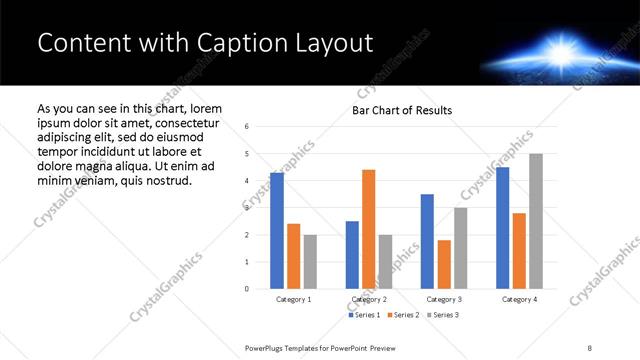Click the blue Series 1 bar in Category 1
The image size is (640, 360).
click(x=277, y=231)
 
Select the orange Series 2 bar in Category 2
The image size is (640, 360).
click(x=368, y=229)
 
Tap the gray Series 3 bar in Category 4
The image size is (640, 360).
click(x=536, y=221)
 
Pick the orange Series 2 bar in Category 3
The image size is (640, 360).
click(x=444, y=264)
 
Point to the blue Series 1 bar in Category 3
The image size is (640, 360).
click(x=427, y=241)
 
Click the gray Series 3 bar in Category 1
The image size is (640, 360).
click(x=310, y=262)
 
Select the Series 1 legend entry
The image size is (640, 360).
click(x=363, y=315)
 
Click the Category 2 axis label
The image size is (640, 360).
click(x=369, y=299)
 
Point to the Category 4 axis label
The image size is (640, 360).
click(x=519, y=299)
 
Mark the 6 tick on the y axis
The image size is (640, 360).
click(x=247, y=127)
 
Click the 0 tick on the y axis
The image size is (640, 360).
click(x=247, y=289)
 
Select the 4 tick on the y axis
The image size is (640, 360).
click(x=247, y=181)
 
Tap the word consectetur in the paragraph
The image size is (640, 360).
click(x=181, y=122)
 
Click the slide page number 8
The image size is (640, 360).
click(x=590, y=346)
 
